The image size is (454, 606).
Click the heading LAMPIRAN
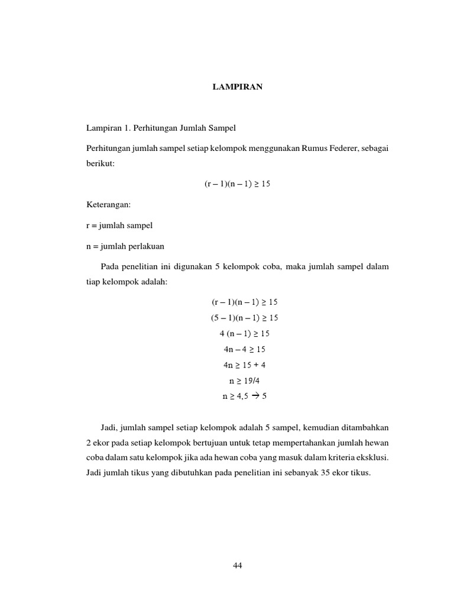238,87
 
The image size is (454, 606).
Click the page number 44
238,565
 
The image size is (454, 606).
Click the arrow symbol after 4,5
256,396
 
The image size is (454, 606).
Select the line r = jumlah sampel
119,225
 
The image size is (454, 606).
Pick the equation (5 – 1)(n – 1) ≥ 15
244,318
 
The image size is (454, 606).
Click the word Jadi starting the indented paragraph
110,426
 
